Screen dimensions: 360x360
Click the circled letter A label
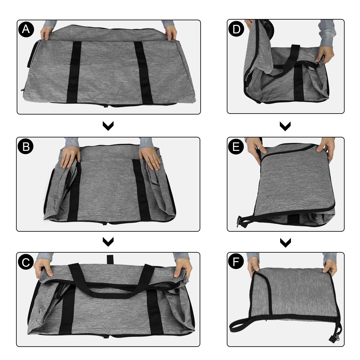[x=26, y=29]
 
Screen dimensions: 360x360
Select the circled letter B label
[x=26, y=147]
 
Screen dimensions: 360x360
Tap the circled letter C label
[x=26, y=262]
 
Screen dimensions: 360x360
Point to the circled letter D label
[x=236, y=29]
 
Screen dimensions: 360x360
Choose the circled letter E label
[x=236, y=147]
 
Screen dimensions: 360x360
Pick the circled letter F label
[x=236, y=262]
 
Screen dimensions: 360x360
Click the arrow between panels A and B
[x=108, y=126]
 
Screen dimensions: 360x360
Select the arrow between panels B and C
[x=108, y=242]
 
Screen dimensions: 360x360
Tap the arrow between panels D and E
[x=285, y=126]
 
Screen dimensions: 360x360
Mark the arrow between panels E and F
[x=285, y=242]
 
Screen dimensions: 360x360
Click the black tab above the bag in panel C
[x=110, y=259]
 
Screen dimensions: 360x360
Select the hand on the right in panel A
[x=171, y=33]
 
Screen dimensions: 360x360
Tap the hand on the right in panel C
[x=182, y=268]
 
